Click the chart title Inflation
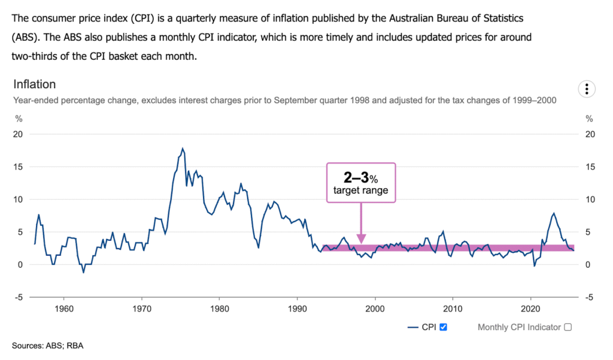tap(34, 84)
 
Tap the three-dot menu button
tap(587, 89)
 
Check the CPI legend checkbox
tap(444, 327)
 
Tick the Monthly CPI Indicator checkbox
tap(568, 327)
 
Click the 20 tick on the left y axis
tap(18, 134)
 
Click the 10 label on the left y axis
tap(18, 199)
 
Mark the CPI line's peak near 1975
tap(183, 149)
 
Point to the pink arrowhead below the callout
tap(360, 238)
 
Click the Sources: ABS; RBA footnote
tap(44, 346)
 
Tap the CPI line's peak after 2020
tap(554, 213)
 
